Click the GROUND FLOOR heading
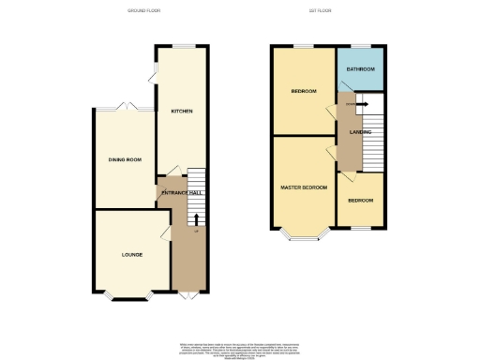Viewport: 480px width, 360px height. click(144, 10)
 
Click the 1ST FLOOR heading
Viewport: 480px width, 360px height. click(321, 10)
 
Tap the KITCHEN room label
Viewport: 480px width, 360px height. click(182, 112)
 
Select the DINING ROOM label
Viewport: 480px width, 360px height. click(126, 160)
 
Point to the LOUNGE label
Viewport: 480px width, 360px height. click(131, 254)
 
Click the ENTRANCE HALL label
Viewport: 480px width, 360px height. click(182, 192)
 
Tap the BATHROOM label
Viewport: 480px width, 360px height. click(360, 69)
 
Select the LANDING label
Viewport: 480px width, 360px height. click(360, 132)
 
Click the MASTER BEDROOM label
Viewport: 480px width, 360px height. click(305, 187)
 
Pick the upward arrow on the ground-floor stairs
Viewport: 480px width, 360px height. click(196, 219)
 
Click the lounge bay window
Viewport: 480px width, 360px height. click(127, 297)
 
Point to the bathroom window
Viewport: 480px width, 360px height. click(358, 46)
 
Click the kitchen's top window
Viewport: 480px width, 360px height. click(181, 46)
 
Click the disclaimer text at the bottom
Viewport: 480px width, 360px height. click(239, 349)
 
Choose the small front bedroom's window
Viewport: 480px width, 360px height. click(360, 227)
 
